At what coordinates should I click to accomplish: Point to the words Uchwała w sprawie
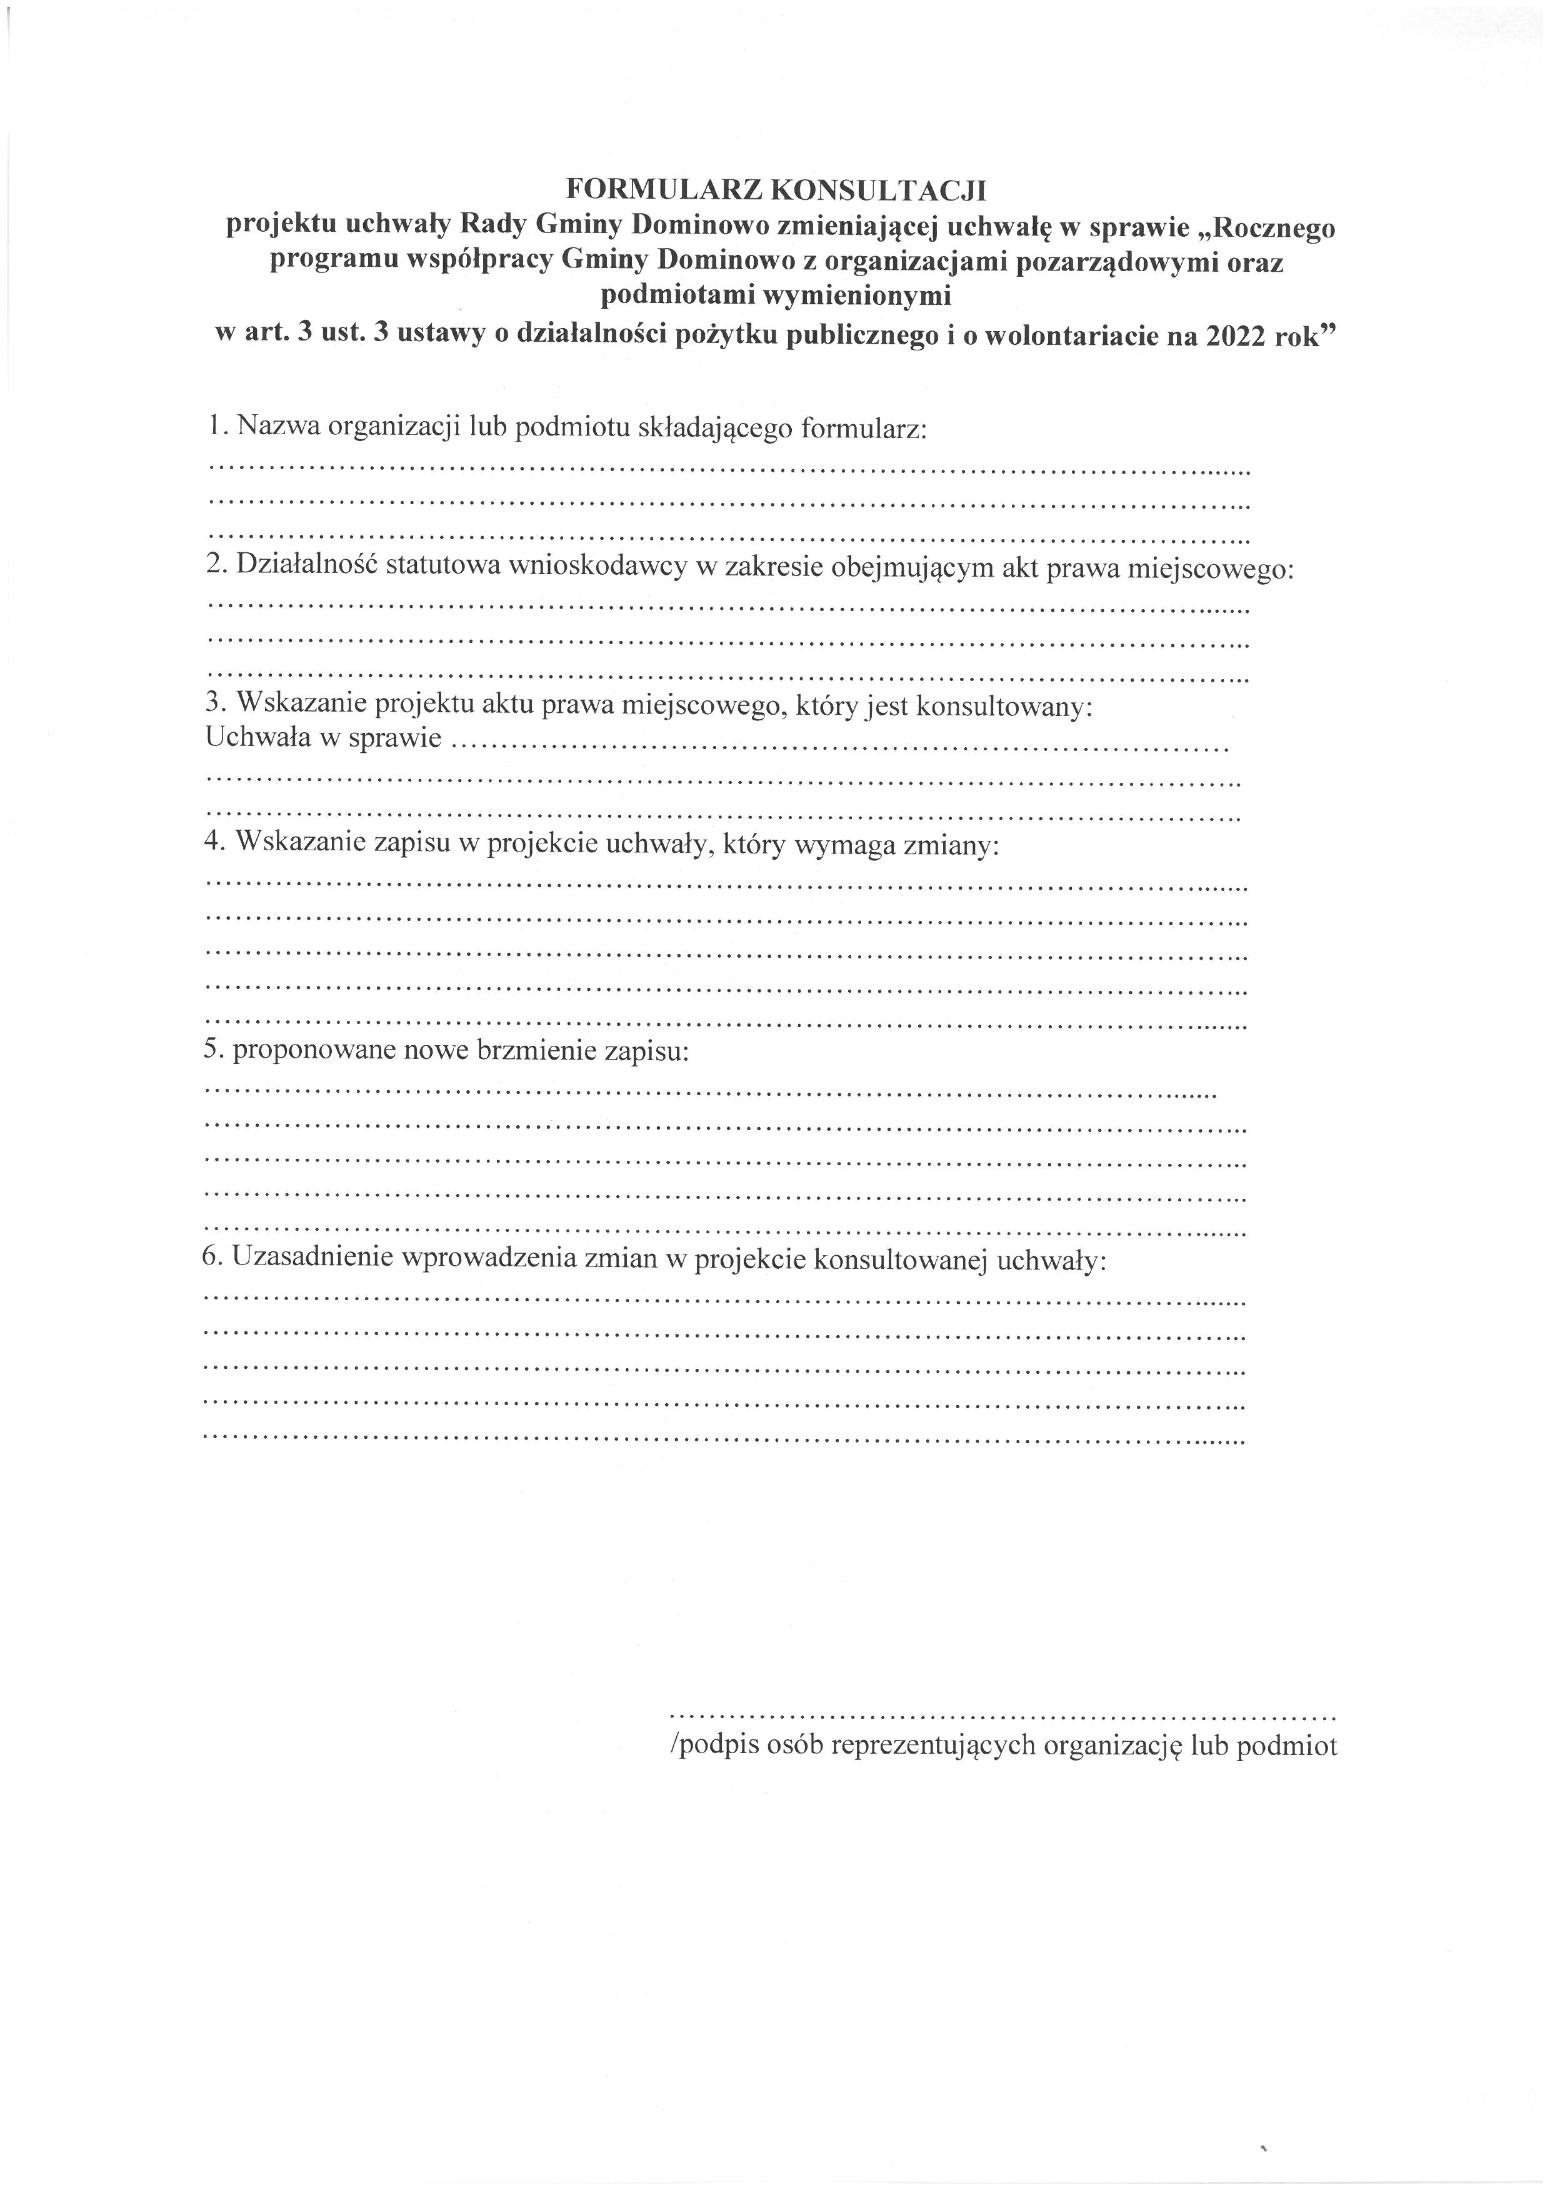point(324,738)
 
